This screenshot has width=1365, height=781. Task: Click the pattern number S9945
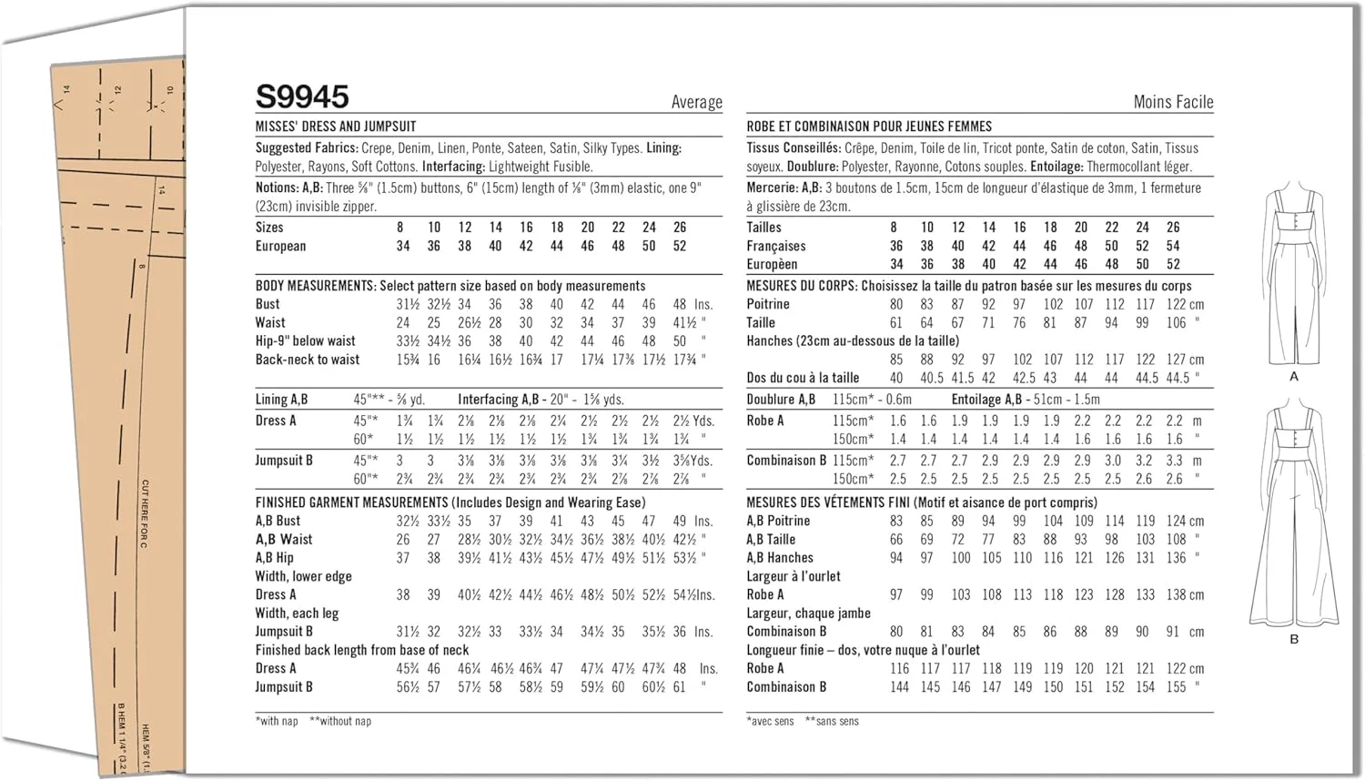tap(302, 96)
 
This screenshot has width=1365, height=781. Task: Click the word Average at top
tap(696, 102)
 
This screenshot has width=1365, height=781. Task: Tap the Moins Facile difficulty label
tap(1173, 102)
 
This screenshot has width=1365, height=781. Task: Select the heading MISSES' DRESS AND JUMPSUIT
tap(336, 127)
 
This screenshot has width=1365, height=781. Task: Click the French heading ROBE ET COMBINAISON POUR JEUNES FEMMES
tap(869, 127)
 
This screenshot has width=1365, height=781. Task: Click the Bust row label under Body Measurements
tap(268, 304)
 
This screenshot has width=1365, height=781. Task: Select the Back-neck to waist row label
tap(308, 360)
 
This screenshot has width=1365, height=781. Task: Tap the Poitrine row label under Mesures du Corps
tap(768, 304)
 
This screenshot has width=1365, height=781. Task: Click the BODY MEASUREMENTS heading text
tap(315, 286)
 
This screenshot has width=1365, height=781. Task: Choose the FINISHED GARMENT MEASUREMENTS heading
tap(351, 502)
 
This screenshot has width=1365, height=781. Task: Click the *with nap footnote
tap(277, 721)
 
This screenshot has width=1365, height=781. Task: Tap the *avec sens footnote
tap(770, 721)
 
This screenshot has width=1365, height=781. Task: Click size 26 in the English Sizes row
tap(680, 228)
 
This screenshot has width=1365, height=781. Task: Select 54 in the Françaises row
tap(1173, 246)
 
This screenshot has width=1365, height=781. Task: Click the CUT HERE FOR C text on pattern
tap(145, 513)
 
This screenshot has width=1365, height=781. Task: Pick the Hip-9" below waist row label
tap(306, 341)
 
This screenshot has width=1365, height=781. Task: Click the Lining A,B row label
tap(281, 400)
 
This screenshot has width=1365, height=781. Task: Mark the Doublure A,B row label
tap(781, 400)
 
